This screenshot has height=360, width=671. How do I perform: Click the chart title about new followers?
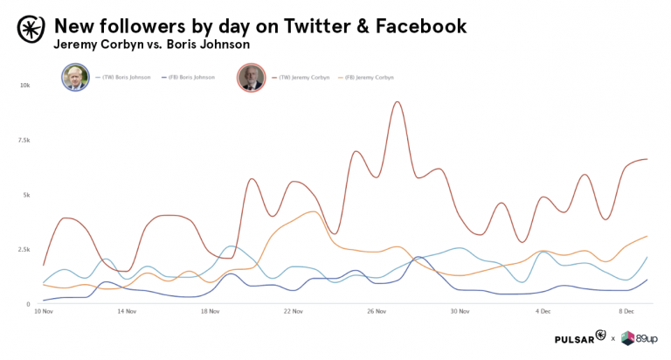point(260,26)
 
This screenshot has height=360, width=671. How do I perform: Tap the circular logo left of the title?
point(29,29)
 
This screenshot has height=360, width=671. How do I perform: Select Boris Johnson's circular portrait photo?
point(74,77)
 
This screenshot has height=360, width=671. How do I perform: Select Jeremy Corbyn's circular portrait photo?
point(251,77)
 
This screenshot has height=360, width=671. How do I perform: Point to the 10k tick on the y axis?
point(25,86)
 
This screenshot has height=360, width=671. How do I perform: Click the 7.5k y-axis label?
point(24,140)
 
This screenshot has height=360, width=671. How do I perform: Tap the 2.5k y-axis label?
point(24,249)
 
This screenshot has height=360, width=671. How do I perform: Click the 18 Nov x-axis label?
point(211,312)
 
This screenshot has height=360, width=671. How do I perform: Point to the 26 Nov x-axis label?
point(377,312)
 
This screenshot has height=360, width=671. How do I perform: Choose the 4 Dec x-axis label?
point(544,312)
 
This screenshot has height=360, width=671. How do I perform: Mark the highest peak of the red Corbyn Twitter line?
point(398,102)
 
